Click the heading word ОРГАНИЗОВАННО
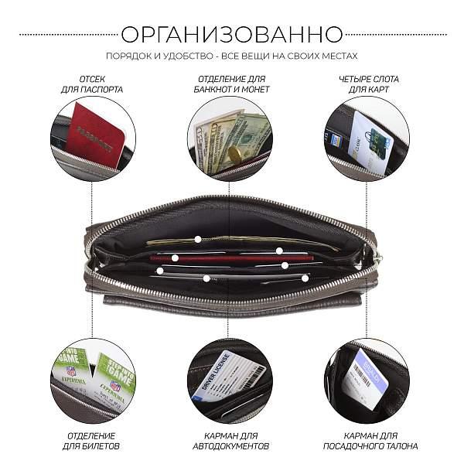(x=232, y=35)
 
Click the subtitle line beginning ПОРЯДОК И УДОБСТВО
(x=232, y=56)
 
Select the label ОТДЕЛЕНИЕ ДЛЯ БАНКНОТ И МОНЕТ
(x=230, y=84)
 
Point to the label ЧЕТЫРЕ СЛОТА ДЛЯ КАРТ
(x=363, y=84)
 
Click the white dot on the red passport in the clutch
(x=176, y=258)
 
